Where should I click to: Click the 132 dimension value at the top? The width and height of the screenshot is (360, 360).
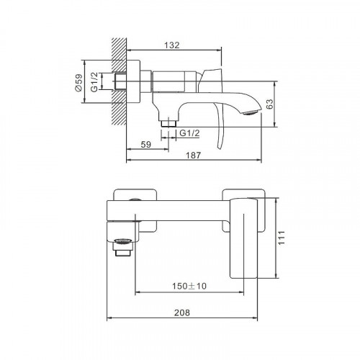click(x=172, y=45)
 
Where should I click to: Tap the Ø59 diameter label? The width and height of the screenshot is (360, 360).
click(x=78, y=82)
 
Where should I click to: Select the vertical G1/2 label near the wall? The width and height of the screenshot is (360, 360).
click(x=94, y=81)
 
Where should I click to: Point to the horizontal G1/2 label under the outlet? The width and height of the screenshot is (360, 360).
click(x=189, y=133)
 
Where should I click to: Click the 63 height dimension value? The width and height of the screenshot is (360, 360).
click(x=270, y=104)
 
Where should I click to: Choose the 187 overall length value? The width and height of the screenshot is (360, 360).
click(x=193, y=156)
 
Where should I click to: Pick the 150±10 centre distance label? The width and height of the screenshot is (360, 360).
click(x=189, y=286)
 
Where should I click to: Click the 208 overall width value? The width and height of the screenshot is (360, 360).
click(x=182, y=312)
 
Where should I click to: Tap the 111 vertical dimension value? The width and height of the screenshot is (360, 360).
click(x=282, y=238)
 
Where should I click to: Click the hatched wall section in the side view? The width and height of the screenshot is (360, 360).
click(x=119, y=81)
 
